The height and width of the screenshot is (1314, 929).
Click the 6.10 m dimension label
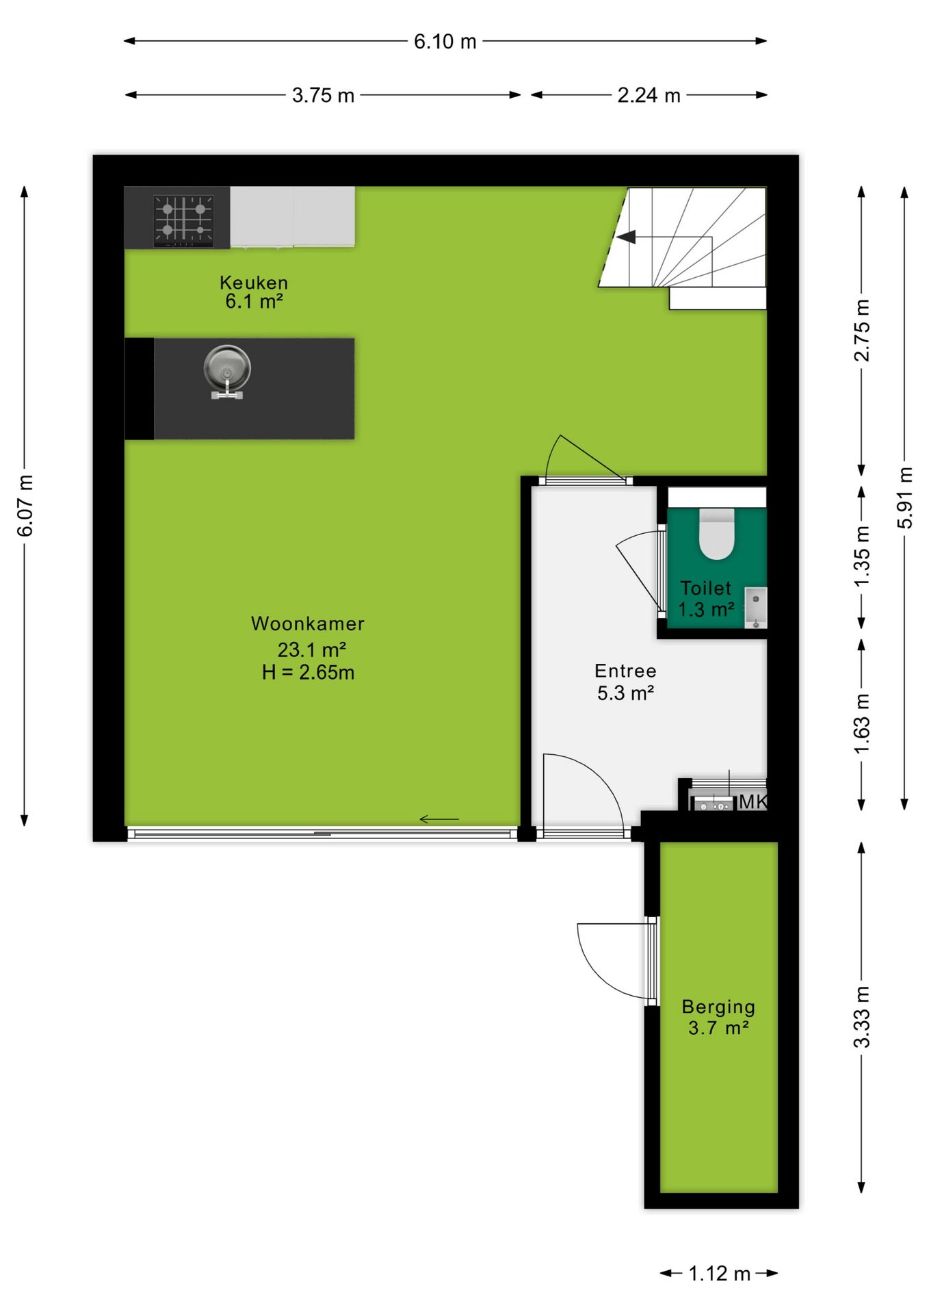(x=445, y=42)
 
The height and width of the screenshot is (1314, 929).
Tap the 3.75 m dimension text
(x=323, y=95)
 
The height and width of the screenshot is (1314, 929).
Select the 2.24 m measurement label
(x=649, y=95)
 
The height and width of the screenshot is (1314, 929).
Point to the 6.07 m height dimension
(x=25, y=505)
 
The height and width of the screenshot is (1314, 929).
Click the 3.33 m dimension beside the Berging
(x=862, y=1017)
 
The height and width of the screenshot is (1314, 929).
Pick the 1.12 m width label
(x=720, y=1274)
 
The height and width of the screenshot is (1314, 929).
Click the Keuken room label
(x=254, y=283)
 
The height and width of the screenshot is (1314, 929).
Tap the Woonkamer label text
(x=308, y=623)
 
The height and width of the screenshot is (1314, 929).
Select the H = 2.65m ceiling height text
(x=308, y=673)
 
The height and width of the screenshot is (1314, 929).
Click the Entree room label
(x=625, y=671)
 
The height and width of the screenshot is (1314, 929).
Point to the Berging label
(x=718, y=1007)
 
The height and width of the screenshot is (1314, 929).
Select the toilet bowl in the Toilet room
(x=717, y=533)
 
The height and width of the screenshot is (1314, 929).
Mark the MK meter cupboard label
(x=753, y=801)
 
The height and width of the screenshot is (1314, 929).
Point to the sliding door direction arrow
(x=439, y=819)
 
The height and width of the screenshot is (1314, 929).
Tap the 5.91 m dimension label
(x=905, y=498)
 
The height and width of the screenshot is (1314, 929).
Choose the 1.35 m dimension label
(x=862, y=556)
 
